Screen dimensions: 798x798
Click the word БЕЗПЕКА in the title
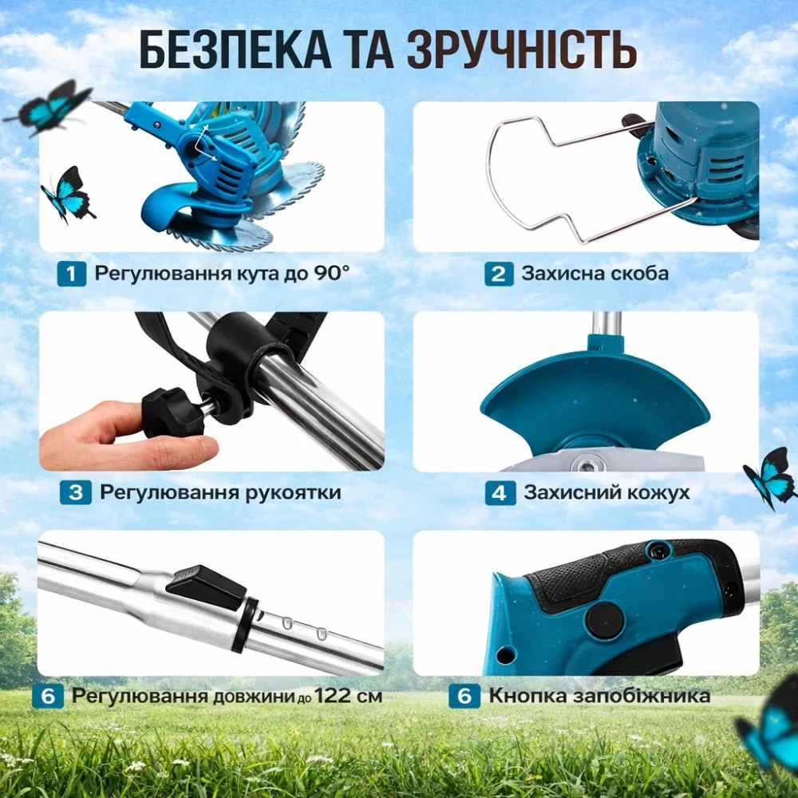pos(235,50)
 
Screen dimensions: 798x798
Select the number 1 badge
pos(71,274)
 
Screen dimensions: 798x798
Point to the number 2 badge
pos(499,274)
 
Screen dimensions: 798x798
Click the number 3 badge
pos(75,492)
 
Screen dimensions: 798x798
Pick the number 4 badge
pos(500,492)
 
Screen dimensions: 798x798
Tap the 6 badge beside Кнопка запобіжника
pos(464,696)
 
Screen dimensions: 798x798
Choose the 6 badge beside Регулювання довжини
pos(48,696)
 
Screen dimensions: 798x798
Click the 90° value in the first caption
pos(332,273)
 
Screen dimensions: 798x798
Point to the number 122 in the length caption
pos(333,696)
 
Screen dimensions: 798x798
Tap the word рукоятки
pos(294,492)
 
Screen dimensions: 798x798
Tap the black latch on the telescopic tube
pos(206,587)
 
